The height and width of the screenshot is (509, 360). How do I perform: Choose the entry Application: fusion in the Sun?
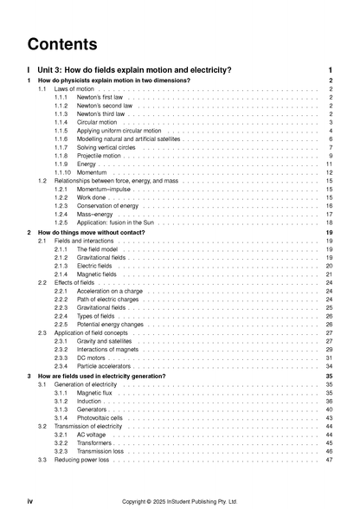pos(119,222)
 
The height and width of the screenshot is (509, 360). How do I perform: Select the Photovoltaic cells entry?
pos(103,417)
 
